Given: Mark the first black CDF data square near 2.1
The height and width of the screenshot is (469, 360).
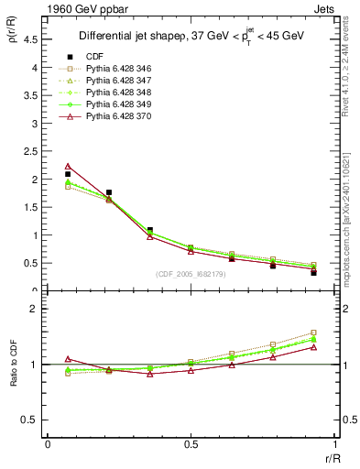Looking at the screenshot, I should (x=68, y=174).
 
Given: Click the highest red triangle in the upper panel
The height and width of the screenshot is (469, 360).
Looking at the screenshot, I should (x=68, y=166).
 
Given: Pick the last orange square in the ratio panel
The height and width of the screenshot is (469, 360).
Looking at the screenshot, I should (x=313, y=333).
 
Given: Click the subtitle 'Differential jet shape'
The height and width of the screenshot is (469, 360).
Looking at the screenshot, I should (x=137, y=38).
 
